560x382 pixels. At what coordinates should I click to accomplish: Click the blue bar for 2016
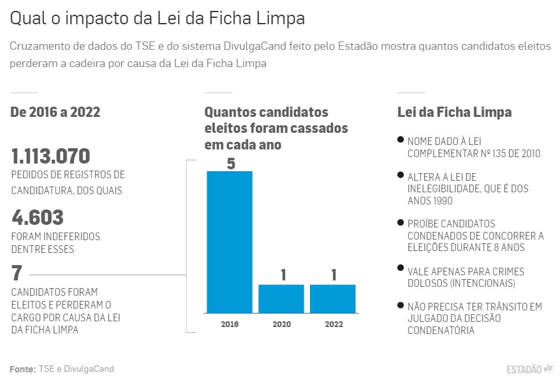(x=229, y=241)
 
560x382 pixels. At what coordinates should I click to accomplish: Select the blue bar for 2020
(x=281, y=298)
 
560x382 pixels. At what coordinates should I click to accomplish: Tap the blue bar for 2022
(x=332, y=298)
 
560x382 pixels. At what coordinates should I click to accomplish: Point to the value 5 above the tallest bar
(x=230, y=164)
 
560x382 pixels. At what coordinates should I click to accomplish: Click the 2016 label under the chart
(x=230, y=324)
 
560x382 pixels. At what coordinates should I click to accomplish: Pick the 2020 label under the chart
(x=281, y=324)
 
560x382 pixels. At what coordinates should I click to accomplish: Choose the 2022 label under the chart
(x=333, y=324)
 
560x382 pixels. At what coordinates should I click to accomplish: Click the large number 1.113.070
(x=51, y=157)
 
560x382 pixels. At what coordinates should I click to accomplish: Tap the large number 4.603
(x=38, y=218)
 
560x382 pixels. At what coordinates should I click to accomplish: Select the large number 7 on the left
(x=17, y=273)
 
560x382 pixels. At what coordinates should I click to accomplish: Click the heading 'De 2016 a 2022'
(x=55, y=112)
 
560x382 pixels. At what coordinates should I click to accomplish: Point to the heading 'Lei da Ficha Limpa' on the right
(x=454, y=112)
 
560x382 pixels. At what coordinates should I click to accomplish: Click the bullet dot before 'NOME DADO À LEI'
(x=400, y=139)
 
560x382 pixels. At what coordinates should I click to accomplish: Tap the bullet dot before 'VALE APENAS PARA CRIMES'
(x=400, y=269)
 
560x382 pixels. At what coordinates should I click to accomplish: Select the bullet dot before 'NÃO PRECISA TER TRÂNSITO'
(x=400, y=305)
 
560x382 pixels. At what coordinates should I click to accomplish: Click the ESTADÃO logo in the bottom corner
(x=529, y=369)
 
